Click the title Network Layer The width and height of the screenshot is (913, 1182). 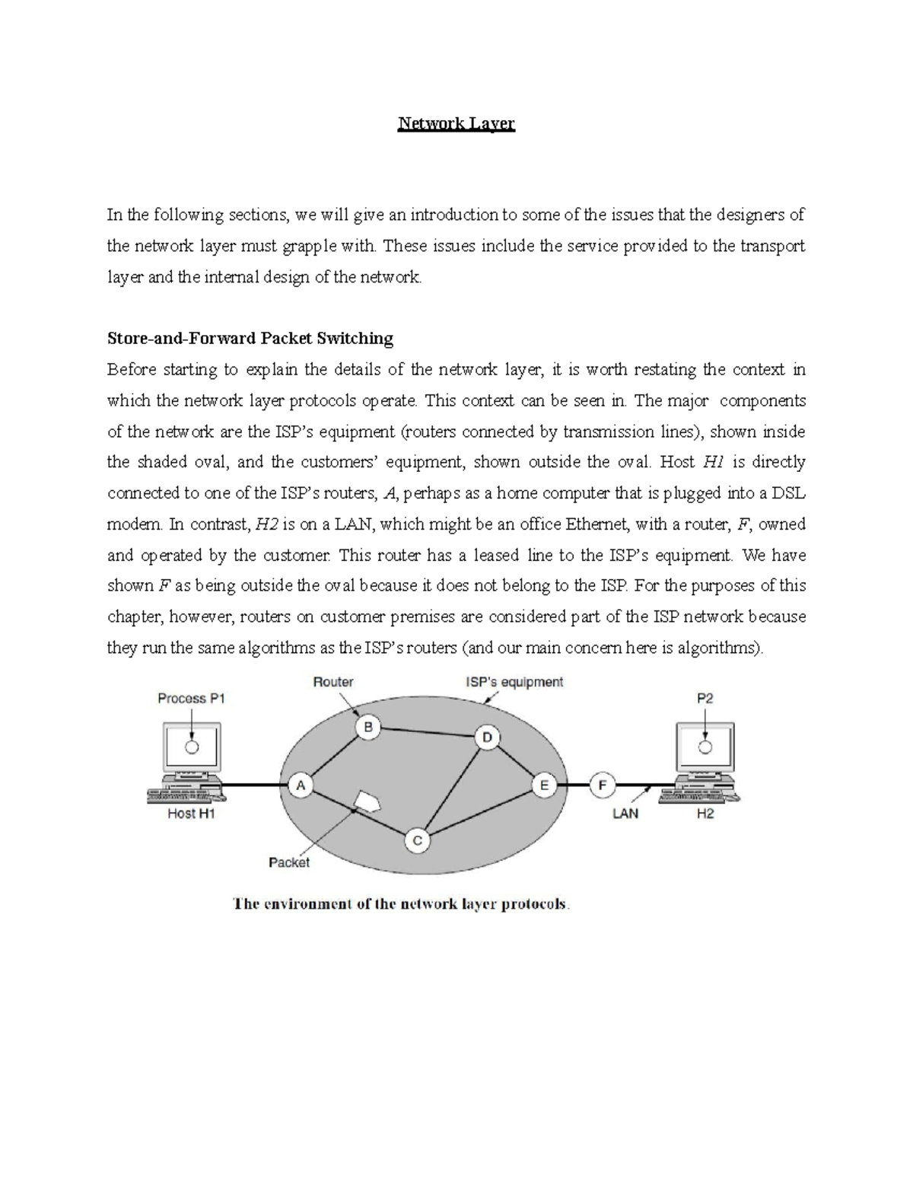point(456,123)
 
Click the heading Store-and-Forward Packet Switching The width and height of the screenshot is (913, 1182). point(250,338)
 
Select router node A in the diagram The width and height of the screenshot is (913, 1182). point(301,785)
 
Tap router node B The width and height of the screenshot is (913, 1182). point(368,728)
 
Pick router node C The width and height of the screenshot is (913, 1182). point(417,841)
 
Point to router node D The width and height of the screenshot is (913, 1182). point(487,737)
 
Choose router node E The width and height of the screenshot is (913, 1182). point(544,785)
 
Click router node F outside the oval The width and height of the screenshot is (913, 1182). point(603,785)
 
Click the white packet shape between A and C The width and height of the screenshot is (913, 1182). point(367,801)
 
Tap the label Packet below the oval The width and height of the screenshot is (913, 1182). point(289,862)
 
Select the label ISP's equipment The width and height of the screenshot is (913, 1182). point(514,682)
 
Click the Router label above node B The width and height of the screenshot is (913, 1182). point(333,682)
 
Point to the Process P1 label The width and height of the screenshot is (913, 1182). point(192,698)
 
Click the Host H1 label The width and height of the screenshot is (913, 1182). point(192,814)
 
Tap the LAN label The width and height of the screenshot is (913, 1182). point(625,814)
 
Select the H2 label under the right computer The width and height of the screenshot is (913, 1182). point(705,814)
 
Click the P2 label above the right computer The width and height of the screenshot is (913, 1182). point(705,698)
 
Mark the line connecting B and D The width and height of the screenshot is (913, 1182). point(428,732)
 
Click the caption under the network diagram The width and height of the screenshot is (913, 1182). point(402,904)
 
